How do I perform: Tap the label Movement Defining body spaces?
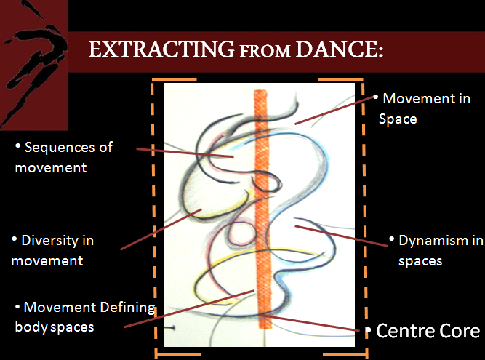pos(84,316)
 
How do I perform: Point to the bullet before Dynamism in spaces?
pos(393,238)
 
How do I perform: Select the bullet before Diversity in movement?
pos(16,239)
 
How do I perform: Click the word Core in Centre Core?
pos(459,332)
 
